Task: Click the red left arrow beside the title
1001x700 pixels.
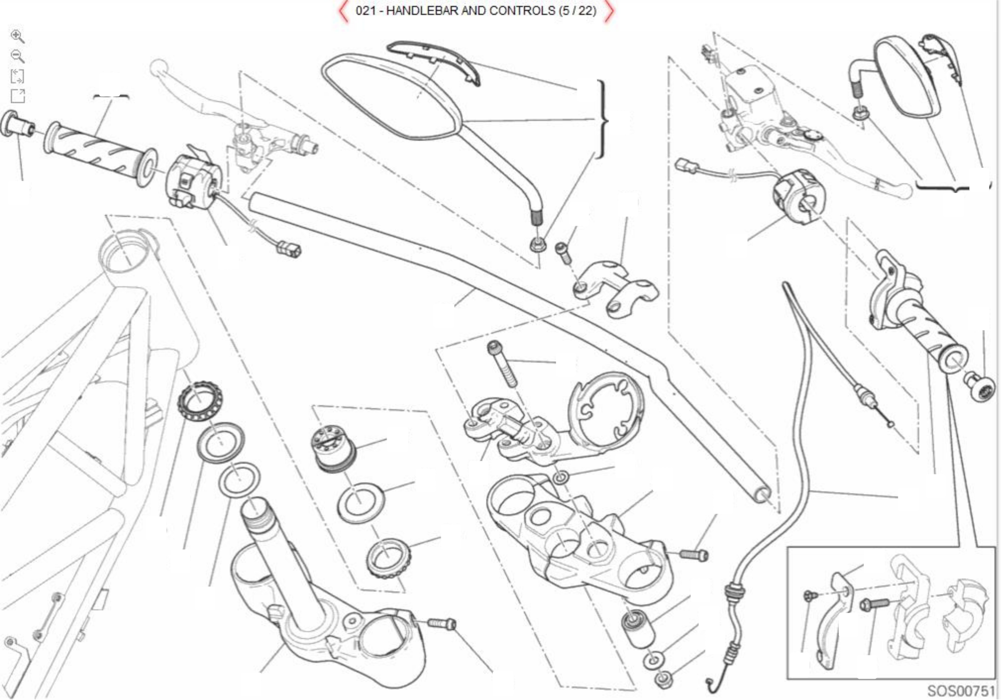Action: (x=343, y=12)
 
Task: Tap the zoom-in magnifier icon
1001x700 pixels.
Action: (x=17, y=37)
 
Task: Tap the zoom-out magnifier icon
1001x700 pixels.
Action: (x=17, y=56)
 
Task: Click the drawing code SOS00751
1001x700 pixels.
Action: (x=961, y=691)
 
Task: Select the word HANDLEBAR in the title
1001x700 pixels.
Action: (x=423, y=11)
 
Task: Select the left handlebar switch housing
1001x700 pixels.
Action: (x=192, y=178)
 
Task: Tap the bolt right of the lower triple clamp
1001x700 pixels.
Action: (x=442, y=623)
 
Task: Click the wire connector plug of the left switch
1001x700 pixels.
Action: (x=290, y=249)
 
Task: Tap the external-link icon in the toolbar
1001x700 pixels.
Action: (x=17, y=96)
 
